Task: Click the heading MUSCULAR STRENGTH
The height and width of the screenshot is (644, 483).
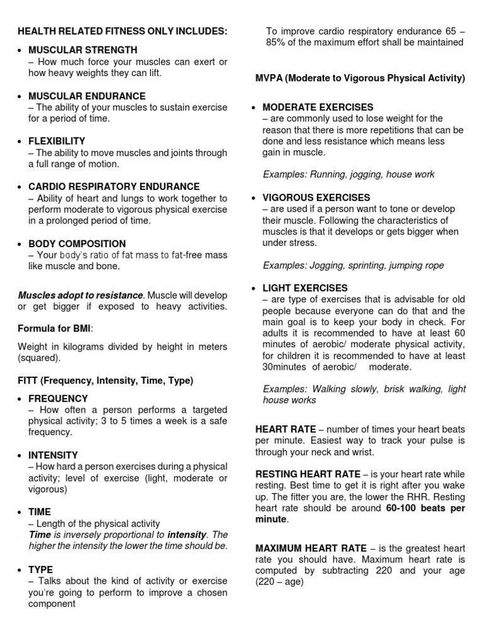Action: pos(82,50)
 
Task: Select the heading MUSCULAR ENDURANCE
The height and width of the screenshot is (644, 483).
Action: pos(87,96)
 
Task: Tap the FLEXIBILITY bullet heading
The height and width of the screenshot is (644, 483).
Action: pos(57,142)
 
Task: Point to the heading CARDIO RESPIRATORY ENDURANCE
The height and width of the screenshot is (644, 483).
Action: pos(114,187)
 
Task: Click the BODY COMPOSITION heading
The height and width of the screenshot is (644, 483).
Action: pos(77,244)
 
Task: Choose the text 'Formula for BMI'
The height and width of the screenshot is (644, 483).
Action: pos(55,328)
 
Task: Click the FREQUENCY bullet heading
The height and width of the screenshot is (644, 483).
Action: pos(58,399)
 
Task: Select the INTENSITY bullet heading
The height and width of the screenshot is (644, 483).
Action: pos(53,455)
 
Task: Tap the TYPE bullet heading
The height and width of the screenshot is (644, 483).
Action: pos(40,569)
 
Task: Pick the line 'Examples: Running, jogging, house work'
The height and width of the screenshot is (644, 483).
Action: pos(348,174)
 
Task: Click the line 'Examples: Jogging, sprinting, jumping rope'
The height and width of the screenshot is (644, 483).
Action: pos(353,265)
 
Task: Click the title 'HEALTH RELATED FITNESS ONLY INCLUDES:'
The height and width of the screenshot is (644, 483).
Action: pos(122,31)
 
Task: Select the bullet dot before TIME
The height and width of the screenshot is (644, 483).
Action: pos(21,513)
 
